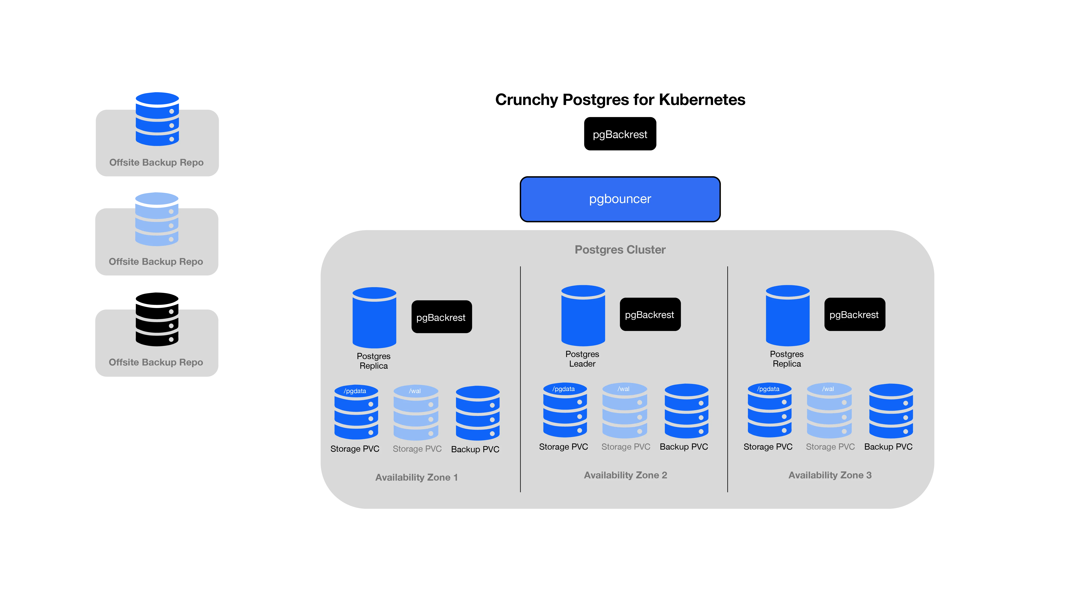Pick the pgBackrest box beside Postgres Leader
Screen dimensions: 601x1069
(650, 315)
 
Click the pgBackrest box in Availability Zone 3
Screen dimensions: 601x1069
(855, 315)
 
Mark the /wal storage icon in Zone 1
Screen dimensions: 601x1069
(416, 413)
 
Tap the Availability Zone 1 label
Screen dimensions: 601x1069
(416, 477)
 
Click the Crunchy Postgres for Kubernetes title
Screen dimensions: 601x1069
(620, 100)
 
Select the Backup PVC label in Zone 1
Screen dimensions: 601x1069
(475, 449)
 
